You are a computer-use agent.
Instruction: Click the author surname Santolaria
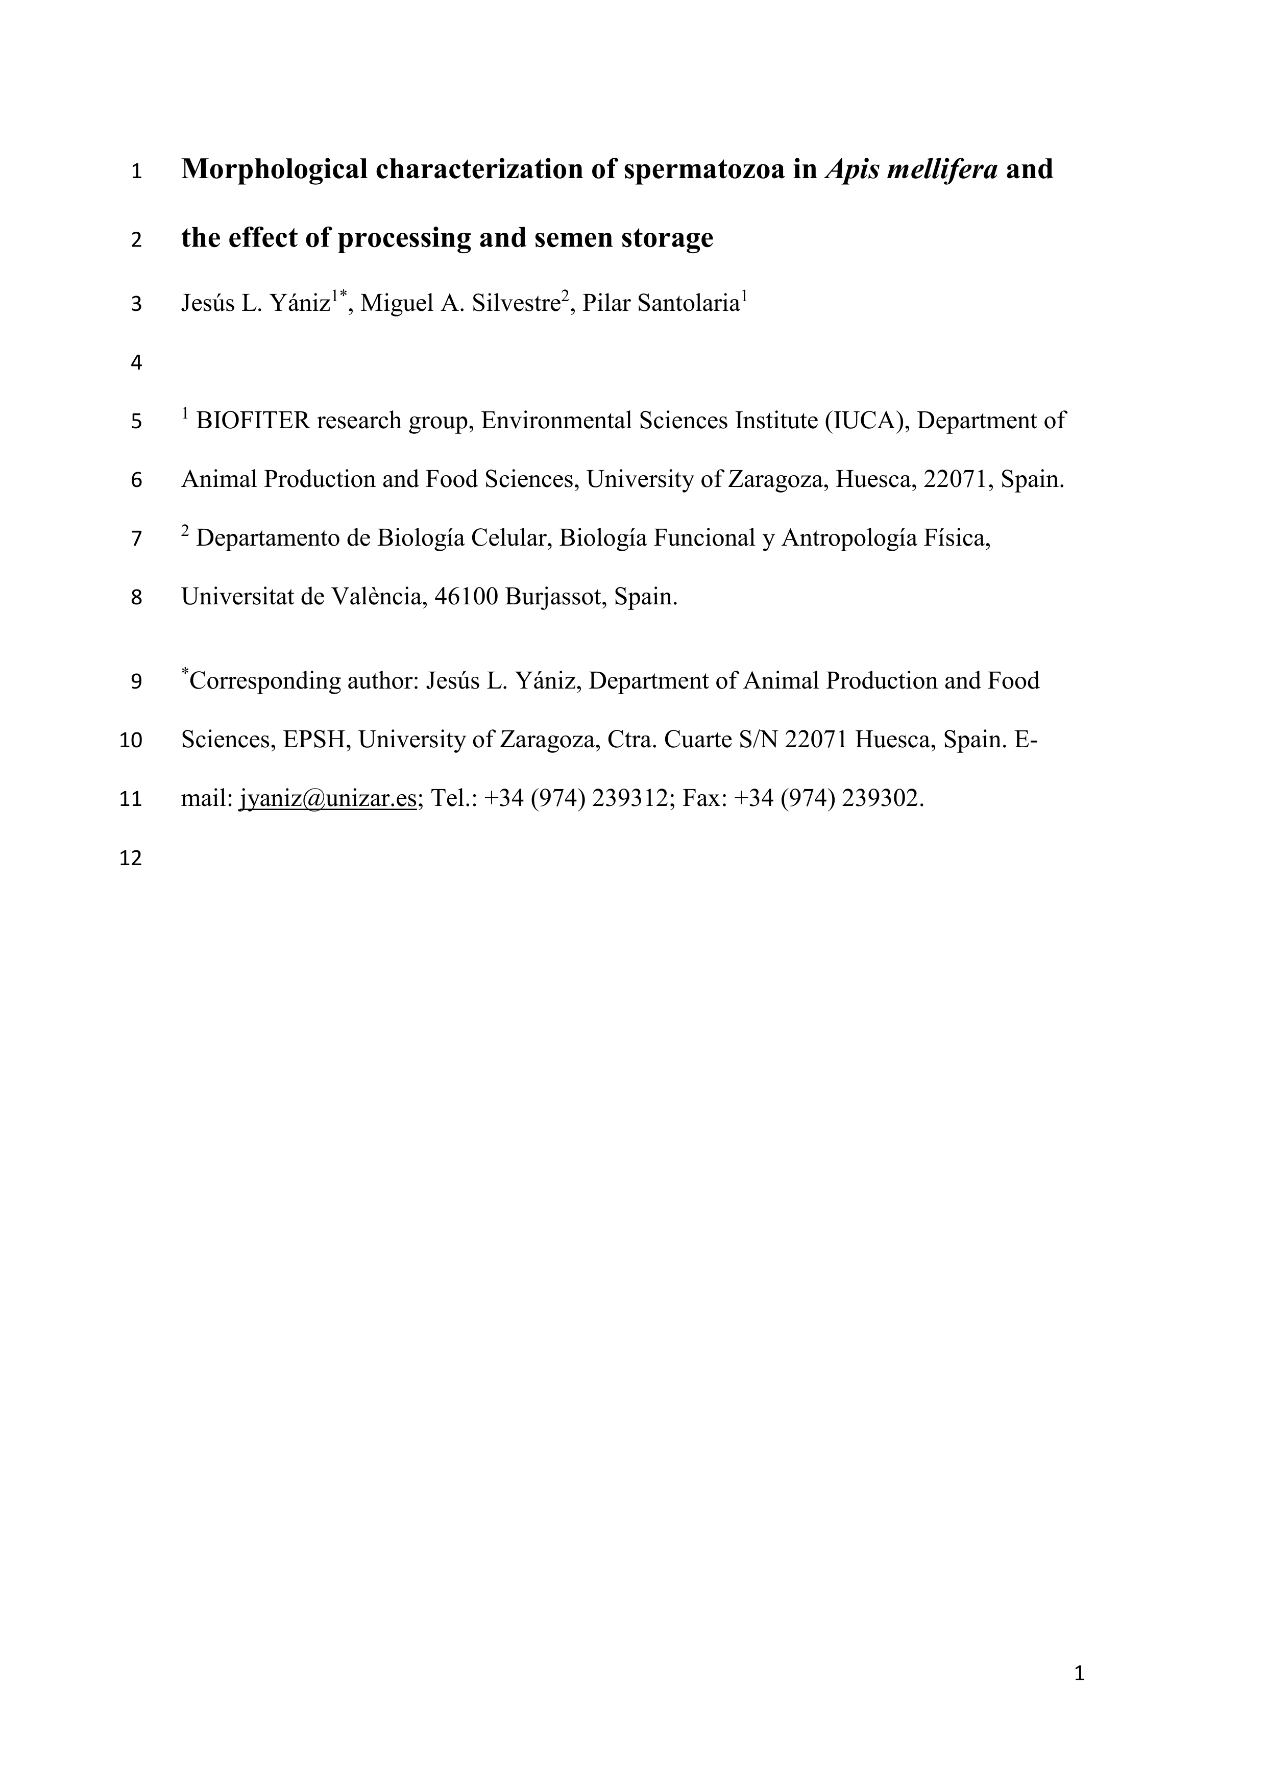[688, 303]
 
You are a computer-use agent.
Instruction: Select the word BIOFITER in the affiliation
[253, 421]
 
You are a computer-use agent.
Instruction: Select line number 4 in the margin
[136, 362]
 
